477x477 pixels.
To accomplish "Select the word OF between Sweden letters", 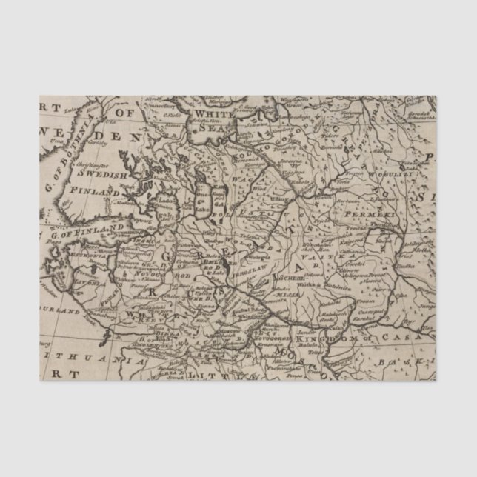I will pyautogui.click(x=124, y=113).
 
